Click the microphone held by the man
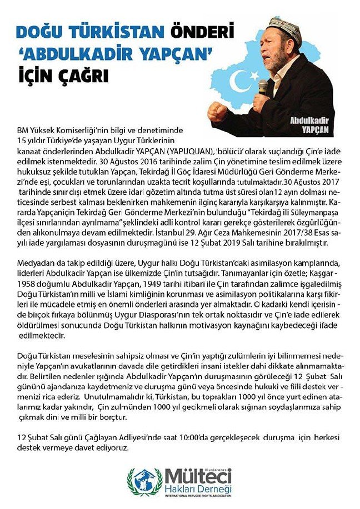pyautogui.click(x=263, y=89)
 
